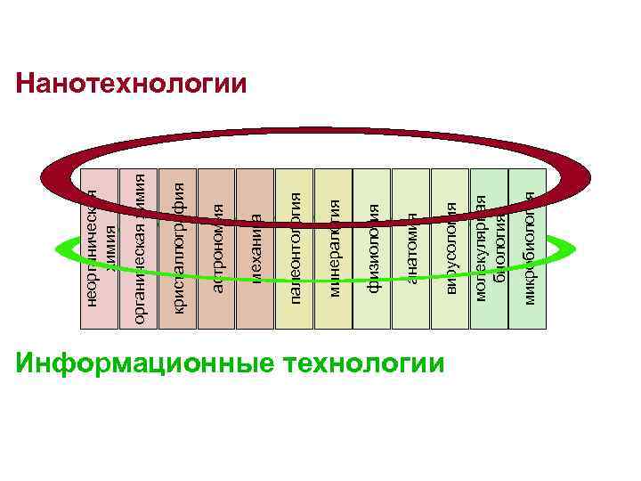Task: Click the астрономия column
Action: tap(217, 312)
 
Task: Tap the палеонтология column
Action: tap(296, 316)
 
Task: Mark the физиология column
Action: tap(373, 312)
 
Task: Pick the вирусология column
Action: tap(450, 312)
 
